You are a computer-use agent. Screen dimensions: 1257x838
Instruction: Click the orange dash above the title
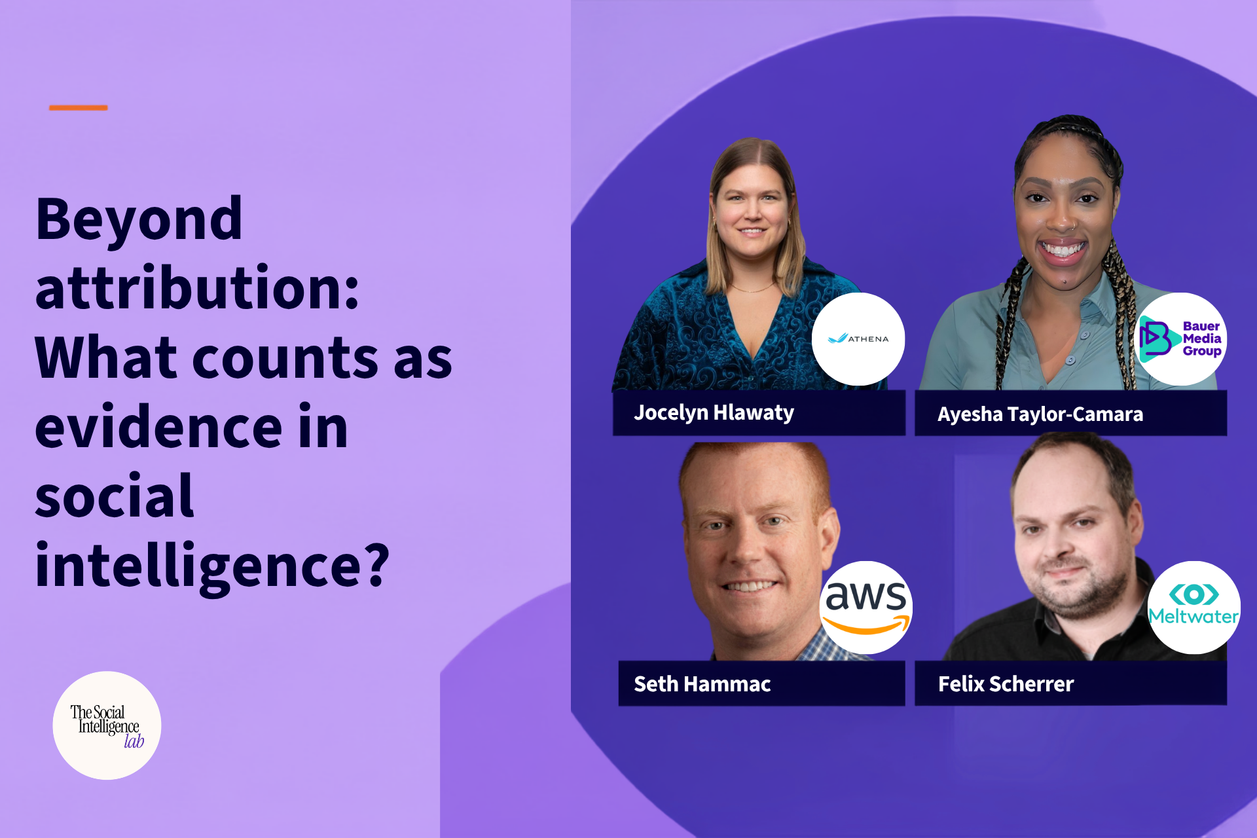coord(78,107)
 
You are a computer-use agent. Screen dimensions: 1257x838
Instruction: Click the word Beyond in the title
coord(139,221)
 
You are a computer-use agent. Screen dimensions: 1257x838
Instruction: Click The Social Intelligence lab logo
coord(107,725)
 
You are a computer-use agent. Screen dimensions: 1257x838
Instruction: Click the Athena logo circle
coord(858,338)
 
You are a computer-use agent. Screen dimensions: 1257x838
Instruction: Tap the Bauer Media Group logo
coord(1180,338)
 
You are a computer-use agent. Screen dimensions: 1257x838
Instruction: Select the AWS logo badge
coord(866,607)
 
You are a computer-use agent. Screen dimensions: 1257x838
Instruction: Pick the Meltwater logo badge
coord(1194,607)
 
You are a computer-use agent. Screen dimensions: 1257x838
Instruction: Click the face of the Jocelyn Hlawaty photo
coord(752,209)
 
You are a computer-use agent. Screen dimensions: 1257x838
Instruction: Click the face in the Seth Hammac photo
coord(753,550)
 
